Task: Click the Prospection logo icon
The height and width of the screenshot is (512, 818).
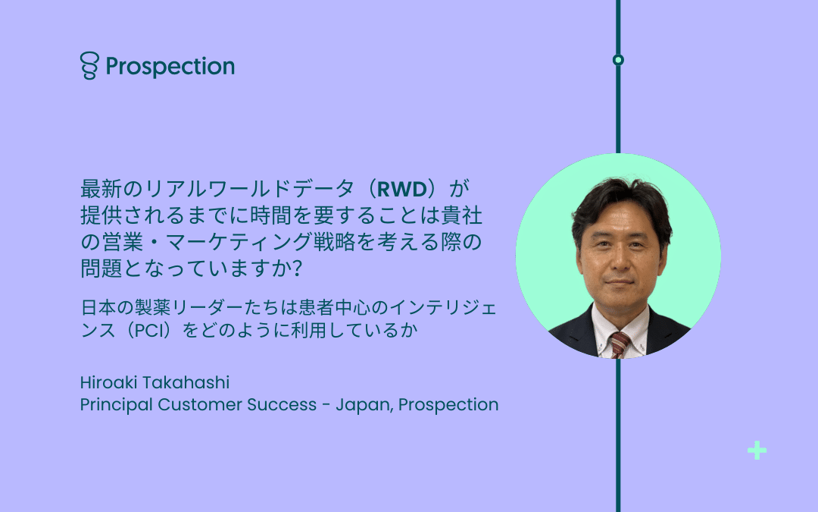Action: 89,65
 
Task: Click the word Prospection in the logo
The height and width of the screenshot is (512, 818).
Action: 170,67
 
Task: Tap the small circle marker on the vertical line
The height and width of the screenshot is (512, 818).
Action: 618,60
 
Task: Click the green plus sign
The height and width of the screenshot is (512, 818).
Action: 757,451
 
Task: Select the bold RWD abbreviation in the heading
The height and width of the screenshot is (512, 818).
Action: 401,189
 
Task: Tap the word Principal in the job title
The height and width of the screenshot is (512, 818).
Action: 117,405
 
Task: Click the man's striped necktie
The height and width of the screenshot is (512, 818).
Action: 620,344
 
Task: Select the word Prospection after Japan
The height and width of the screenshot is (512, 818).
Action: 448,405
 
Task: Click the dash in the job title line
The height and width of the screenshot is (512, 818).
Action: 326,406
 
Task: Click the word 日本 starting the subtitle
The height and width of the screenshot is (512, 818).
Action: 98,308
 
